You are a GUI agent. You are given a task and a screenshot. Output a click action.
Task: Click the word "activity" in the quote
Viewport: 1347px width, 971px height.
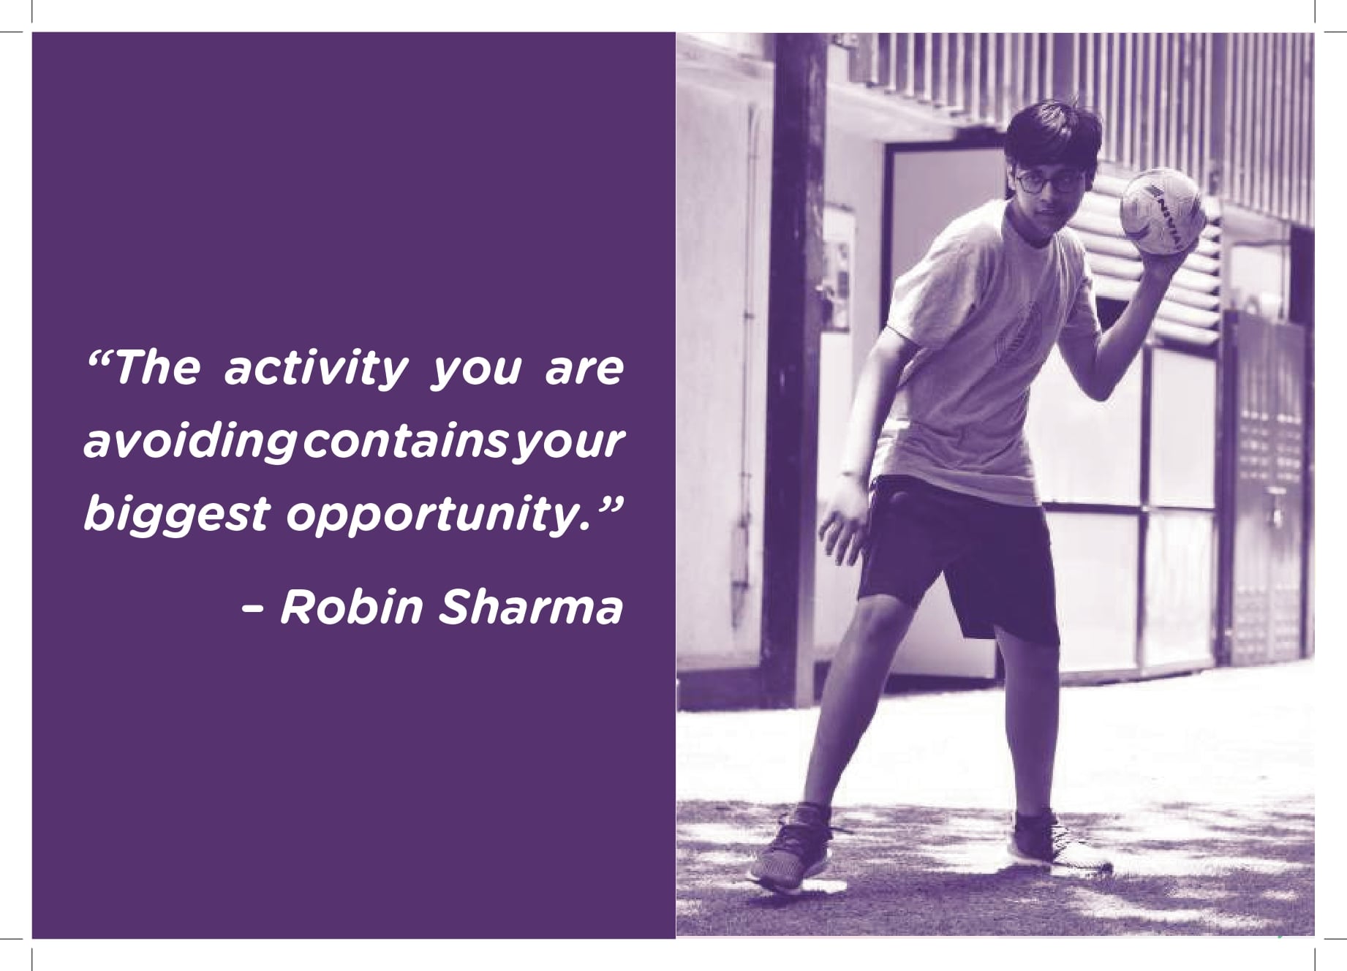(315, 370)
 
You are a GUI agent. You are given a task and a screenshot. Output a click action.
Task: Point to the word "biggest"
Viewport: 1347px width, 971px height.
(177, 515)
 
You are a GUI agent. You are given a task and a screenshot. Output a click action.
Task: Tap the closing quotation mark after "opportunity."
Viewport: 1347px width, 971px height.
(606, 505)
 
